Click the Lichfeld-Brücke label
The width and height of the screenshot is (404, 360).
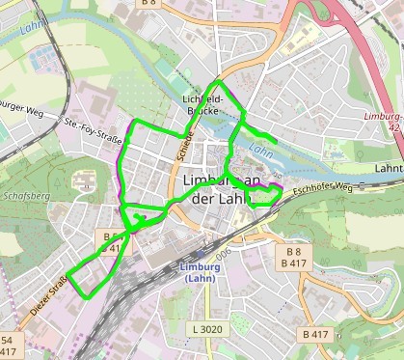click(x=202, y=104)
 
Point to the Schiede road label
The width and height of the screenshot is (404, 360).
click(x=183, y=145)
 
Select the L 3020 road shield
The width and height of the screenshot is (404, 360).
click(x=206, y=329)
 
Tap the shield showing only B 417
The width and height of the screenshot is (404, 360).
click(x=314, y=334)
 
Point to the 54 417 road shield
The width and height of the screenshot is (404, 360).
click(x=8, y=346)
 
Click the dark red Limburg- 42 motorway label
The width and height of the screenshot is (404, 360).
click(x=383, y=121)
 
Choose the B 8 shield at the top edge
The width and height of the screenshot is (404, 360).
click(x=148, y=4)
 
